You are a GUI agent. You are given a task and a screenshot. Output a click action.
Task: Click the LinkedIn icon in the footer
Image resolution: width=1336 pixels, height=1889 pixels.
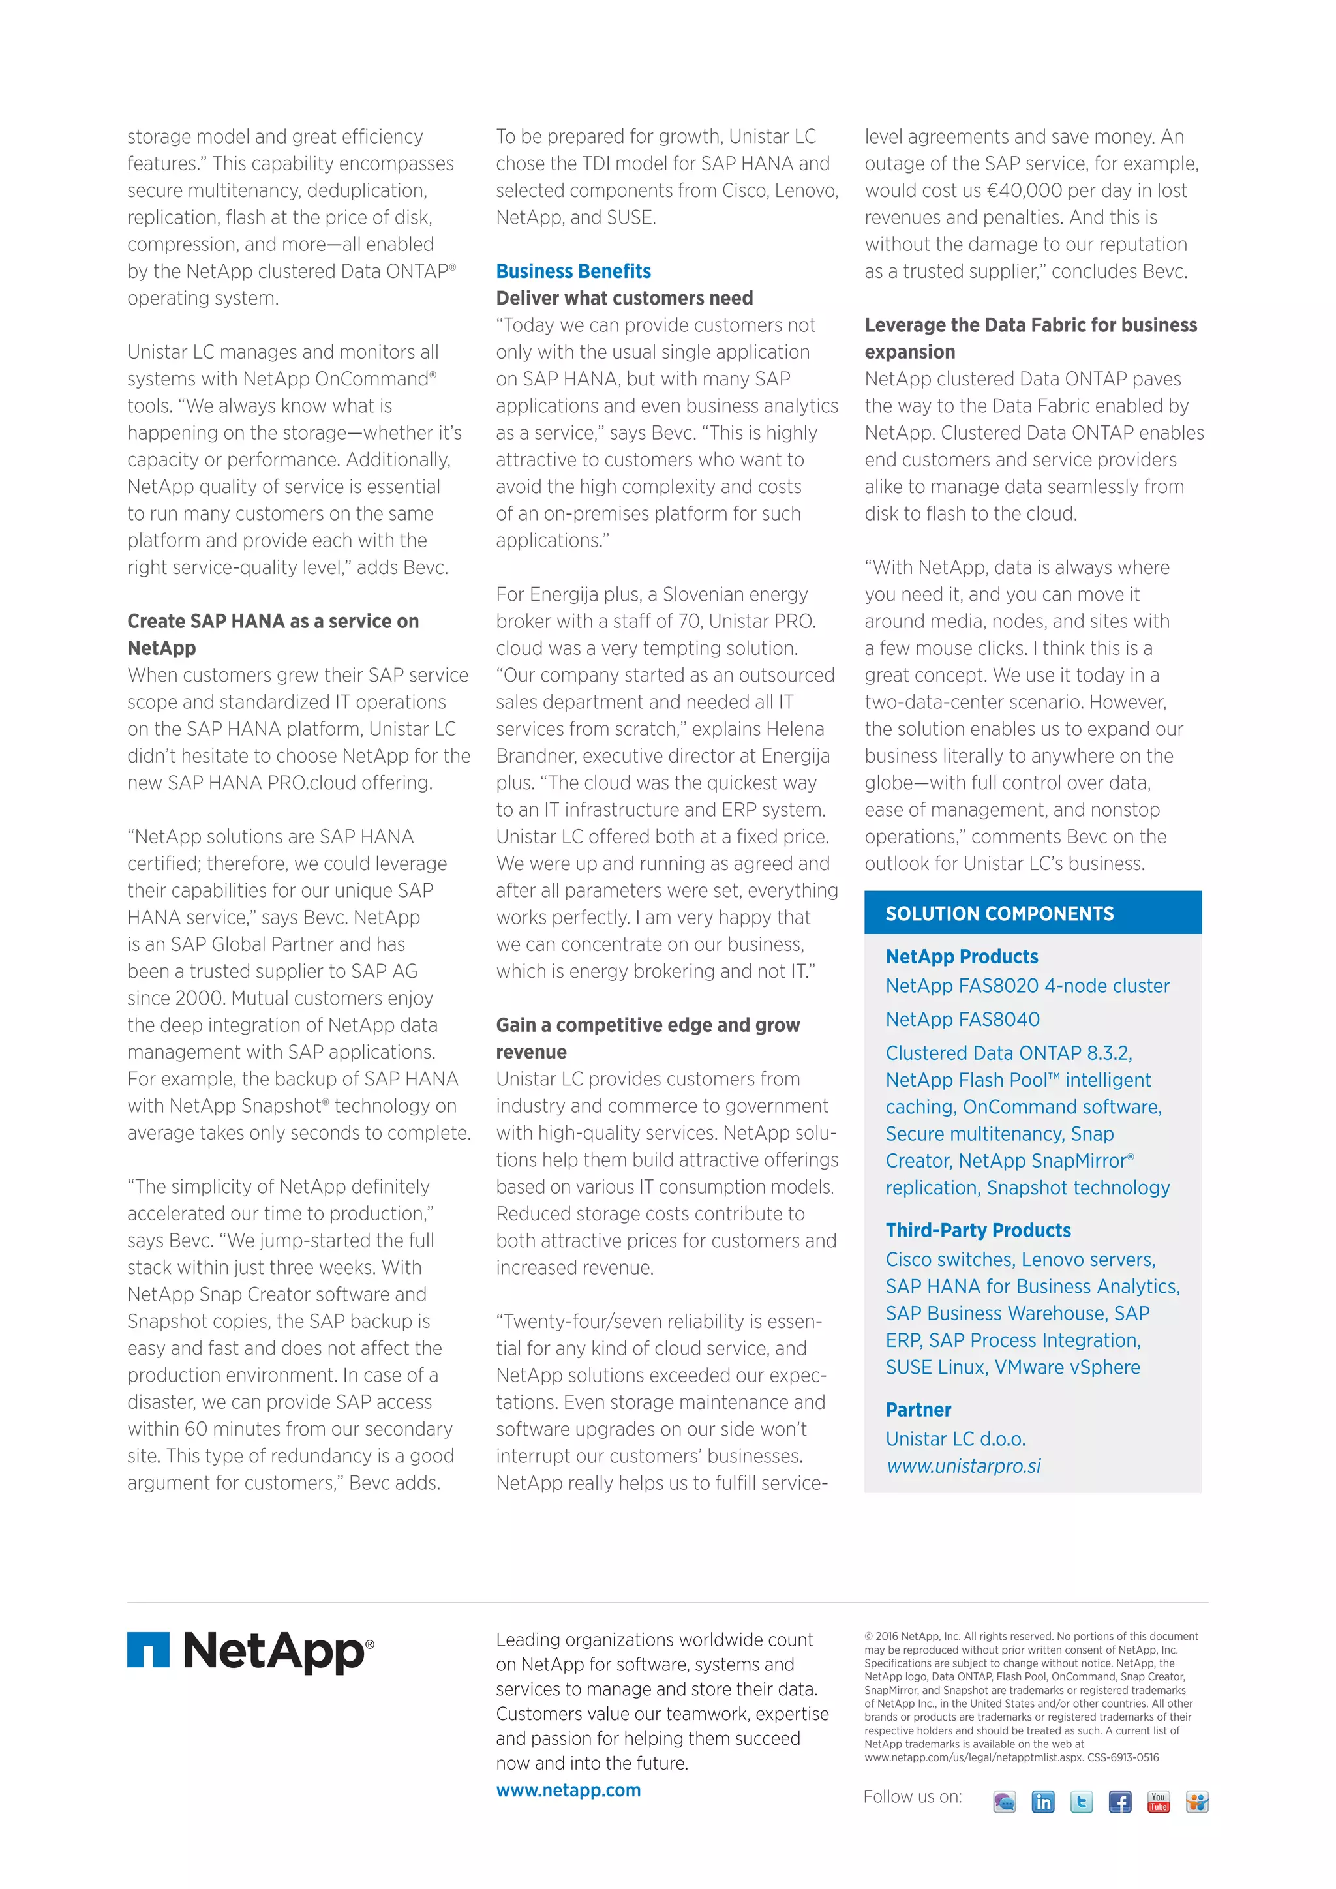pyautogui.click(x=1042, y=1802)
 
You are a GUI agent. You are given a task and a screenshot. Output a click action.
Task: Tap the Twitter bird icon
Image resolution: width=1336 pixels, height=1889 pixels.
pyautogui.click(x=1081, y=1802)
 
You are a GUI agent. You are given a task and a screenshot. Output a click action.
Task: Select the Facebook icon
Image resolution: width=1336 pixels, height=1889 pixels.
pyautogui.click(x=1119, y=1802)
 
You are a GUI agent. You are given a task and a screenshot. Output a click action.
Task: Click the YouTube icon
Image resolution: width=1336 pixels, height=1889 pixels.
pyautogui.click(x=1159, y=1802)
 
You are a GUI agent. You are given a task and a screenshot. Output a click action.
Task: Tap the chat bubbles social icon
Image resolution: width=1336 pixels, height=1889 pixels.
pyautogui.click(x=1005, y=1802)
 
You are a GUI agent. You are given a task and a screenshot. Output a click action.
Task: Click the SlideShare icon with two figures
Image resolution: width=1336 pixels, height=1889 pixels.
pyautogui.click(x=1197, y=1802)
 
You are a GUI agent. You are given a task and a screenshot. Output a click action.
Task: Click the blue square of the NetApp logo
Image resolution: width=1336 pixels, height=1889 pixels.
pyautogui.click(x=148, y=1650)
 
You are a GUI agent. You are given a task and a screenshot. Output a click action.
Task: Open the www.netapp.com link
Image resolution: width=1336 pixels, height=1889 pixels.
pyautogui.click(x=568, y=1791)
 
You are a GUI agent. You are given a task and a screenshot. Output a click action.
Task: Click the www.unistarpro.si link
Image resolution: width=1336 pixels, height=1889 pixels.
pyautogui.click(x=964, y=1466)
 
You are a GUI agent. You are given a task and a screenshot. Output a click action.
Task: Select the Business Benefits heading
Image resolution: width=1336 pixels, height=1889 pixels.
pyautogui.click(x=573, y=271)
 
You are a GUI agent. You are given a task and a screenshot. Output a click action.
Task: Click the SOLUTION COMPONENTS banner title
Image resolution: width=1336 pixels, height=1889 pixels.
pyautogui.click(x=999, y=913)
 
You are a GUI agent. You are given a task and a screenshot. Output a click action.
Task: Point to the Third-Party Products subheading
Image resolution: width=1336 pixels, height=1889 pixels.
pyautogui.click(x=977, y=1230)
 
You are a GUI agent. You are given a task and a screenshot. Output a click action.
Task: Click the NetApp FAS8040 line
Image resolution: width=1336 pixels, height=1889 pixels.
pyautogui.click(x=962, y=1020)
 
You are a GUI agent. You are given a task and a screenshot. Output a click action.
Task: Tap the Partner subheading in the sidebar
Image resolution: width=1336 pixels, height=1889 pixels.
pyautogui.click(x=918, y=1410)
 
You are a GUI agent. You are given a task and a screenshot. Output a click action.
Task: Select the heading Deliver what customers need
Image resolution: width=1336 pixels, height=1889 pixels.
pyautogui.click(x=624, y=298)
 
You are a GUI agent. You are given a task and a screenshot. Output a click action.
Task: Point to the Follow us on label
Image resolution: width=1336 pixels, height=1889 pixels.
pyautogui.click(x=911, y=1797)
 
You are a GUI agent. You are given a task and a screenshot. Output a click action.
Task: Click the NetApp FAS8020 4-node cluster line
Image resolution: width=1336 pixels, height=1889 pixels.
pyautogui.click(x=1027, y=986)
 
